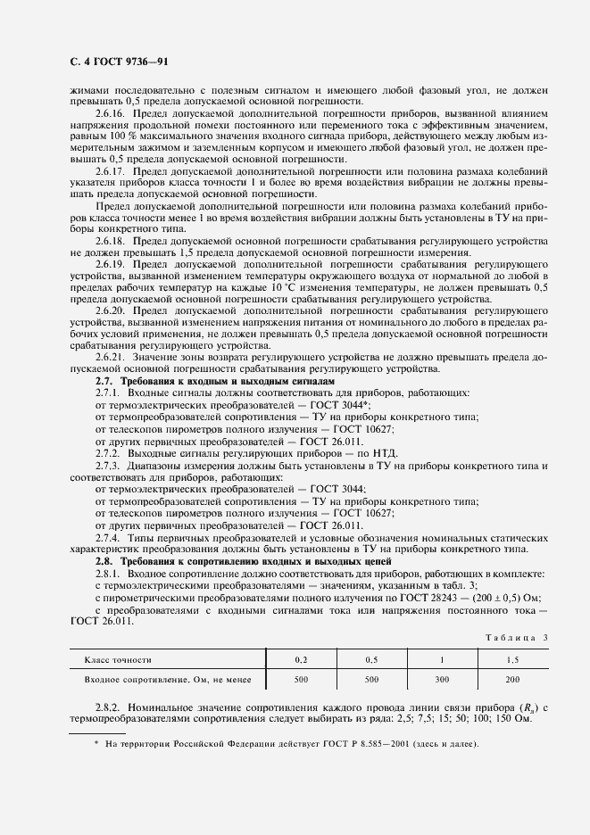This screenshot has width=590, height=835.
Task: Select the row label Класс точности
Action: [118, 660]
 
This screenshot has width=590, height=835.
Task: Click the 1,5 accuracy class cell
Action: [512, 660]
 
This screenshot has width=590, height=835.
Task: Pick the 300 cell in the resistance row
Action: [441, 681]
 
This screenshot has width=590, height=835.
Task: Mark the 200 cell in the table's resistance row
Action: [512, 681]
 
